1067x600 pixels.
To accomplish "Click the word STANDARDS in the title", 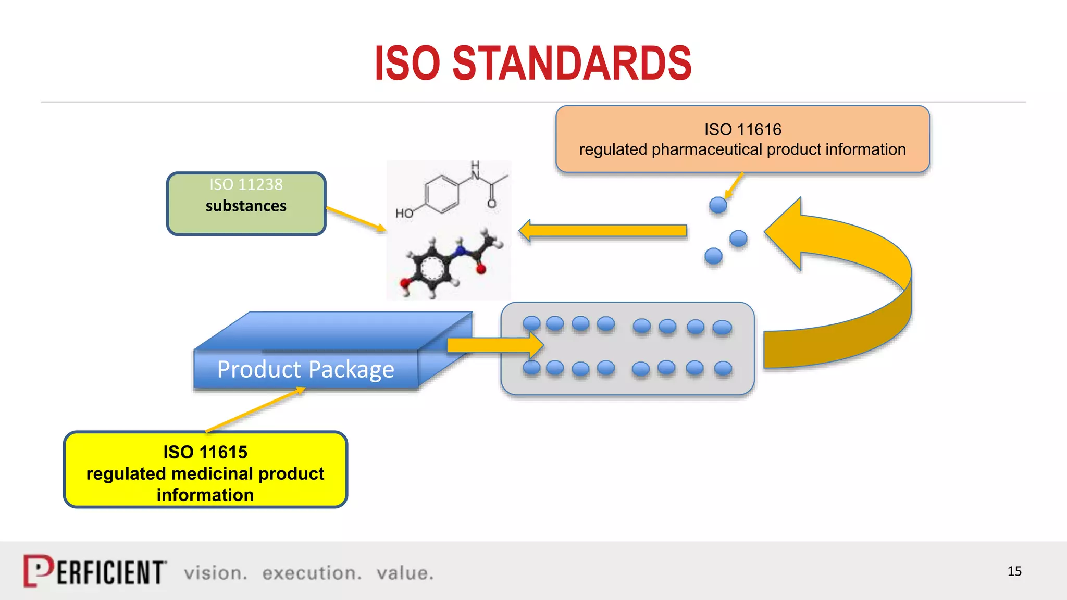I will [x=572, y=64].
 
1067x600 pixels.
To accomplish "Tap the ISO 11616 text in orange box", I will [x=742, y=130].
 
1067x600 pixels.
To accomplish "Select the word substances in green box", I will [x=246, y=206].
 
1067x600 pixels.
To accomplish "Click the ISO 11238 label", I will [x=246, y=184].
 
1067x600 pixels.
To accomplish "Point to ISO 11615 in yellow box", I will [x=205, y=452].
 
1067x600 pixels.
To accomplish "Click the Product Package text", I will [x=305, y=370].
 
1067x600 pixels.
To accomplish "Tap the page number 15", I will [x=1014, y=571].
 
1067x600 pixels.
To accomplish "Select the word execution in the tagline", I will [x=311, y=573].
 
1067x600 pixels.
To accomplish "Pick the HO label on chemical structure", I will [x=404, y=214].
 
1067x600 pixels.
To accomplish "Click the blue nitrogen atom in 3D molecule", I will [x=460, y=253].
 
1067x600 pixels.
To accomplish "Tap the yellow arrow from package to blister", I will [x=495, y=345].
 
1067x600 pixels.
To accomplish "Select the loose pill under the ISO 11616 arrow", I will [x=718, y=205].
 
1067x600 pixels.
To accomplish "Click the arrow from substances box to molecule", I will [x=356, y=219].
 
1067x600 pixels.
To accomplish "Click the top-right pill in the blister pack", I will [x=722, y=328].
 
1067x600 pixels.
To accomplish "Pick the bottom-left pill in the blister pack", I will [x=531, y=368].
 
